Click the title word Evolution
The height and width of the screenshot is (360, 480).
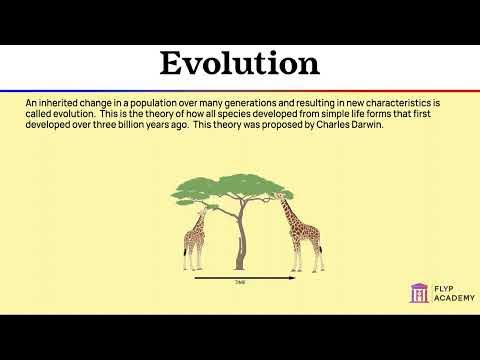(x=240, y=64)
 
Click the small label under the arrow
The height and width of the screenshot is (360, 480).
(x=240, y=284)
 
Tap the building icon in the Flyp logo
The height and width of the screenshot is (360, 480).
(x=419, y=292)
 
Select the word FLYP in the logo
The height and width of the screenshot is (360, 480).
(x=441, y=286)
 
